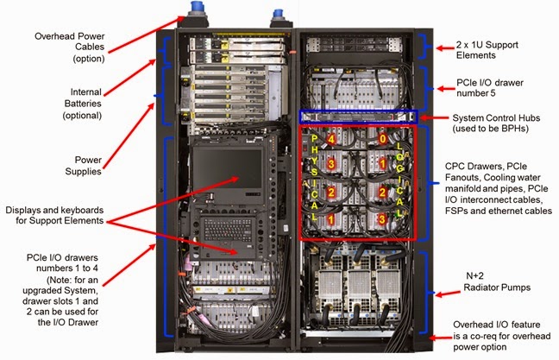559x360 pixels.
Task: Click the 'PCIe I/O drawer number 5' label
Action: pos(489,89)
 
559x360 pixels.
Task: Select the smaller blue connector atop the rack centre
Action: pos(279,16)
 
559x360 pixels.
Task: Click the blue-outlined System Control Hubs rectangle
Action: pos(357,116)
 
